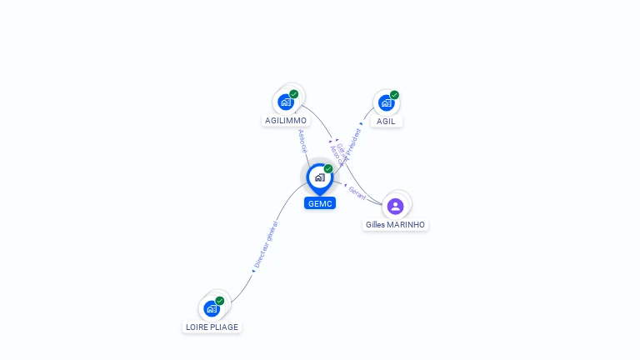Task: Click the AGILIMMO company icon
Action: [x=286, y=102]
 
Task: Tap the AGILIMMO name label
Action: [x=286, y=121]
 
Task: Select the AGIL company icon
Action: [x=386, y=102]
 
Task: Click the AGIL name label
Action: [x=386, y=121]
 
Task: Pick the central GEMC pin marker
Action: [x=319, y=177]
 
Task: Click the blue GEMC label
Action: [x=319, y=203]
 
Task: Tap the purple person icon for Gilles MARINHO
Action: [x=396, y=206]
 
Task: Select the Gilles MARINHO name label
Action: [x=396, y=225]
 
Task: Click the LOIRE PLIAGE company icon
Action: [x=212, y=308]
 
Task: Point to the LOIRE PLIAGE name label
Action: [x=212, y=327]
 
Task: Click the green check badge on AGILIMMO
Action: [x=294, y=94]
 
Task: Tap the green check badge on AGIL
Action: [x=394, y=95]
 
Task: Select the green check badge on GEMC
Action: [x=328, y=168]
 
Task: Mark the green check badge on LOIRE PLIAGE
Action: [x=220, y=301]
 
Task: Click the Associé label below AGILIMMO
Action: [x=302, y=140]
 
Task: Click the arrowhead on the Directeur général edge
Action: [x=253, y=271]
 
